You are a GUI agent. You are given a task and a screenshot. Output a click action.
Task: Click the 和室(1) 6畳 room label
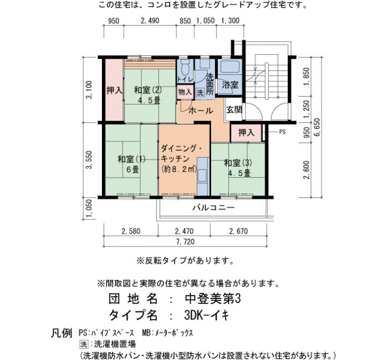(x=132, y=164)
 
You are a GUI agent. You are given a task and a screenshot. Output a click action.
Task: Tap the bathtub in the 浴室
(x=229, y=66)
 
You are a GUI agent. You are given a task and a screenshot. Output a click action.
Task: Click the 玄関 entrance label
(x=234, y=109)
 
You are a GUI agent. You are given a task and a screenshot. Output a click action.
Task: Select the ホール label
(x=201, y=110)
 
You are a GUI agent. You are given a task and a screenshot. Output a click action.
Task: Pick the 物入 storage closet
(x=185, y=92)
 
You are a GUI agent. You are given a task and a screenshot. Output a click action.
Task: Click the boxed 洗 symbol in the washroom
(x=200, y=92)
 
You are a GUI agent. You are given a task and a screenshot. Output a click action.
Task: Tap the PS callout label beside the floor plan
(x=282, y=132)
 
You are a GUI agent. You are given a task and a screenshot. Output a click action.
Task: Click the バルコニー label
(x=213, y=207)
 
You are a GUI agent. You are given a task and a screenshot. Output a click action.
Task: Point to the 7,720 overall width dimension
(x=185, y=241)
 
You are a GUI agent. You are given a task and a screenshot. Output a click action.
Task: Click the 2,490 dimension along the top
(x=150, y=21)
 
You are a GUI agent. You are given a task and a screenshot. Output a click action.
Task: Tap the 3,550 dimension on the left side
(x=89, y=160)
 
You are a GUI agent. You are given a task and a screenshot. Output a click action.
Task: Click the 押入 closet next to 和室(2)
(x=114, y=90)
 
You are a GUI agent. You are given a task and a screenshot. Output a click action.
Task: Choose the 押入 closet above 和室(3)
(x=246, y=133)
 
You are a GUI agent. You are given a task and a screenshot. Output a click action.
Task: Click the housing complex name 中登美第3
(x=213, y=299)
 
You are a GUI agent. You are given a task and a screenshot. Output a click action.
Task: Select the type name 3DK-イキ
(x=207, y=315)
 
